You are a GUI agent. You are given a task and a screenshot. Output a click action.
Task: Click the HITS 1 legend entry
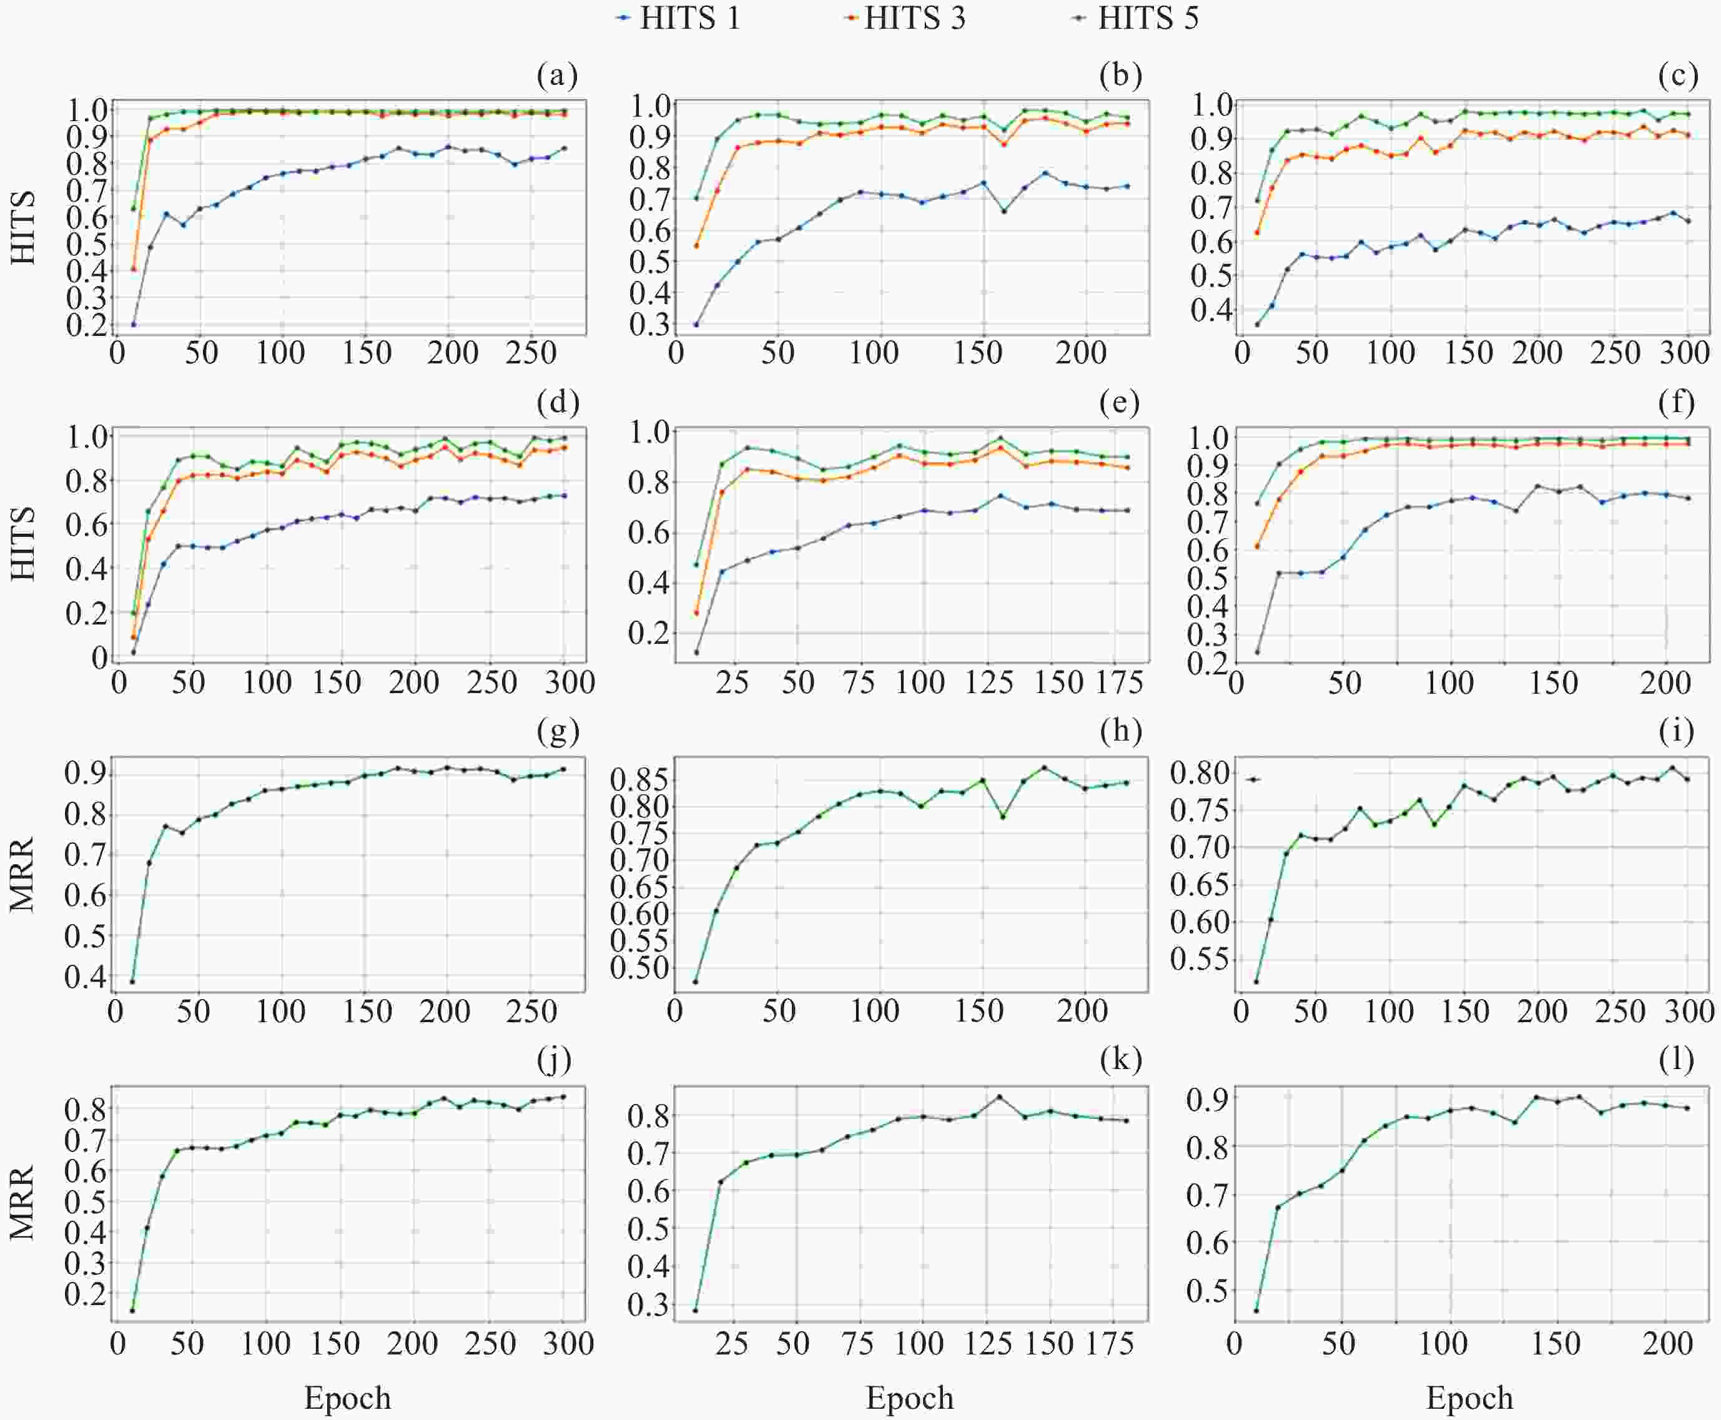click(x=679, y=18)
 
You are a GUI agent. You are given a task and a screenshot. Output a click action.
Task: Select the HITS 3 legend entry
click(x=905, y=18)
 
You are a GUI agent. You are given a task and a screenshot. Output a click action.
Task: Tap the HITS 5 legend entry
click(x=1138, y=18)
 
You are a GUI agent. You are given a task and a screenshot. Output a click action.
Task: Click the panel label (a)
click(x=557, y=76)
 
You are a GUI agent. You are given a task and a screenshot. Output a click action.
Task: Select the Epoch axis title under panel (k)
click(x=910, y=1398)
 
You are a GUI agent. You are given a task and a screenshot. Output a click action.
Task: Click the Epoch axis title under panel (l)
click(x=1470, y=1398)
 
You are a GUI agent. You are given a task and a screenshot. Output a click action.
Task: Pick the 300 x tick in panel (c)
click(x=1687, y=353)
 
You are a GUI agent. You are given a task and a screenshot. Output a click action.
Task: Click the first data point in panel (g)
click(x=132, y=982)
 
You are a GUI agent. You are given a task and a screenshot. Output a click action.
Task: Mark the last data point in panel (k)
click(x=1127, y=1121)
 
